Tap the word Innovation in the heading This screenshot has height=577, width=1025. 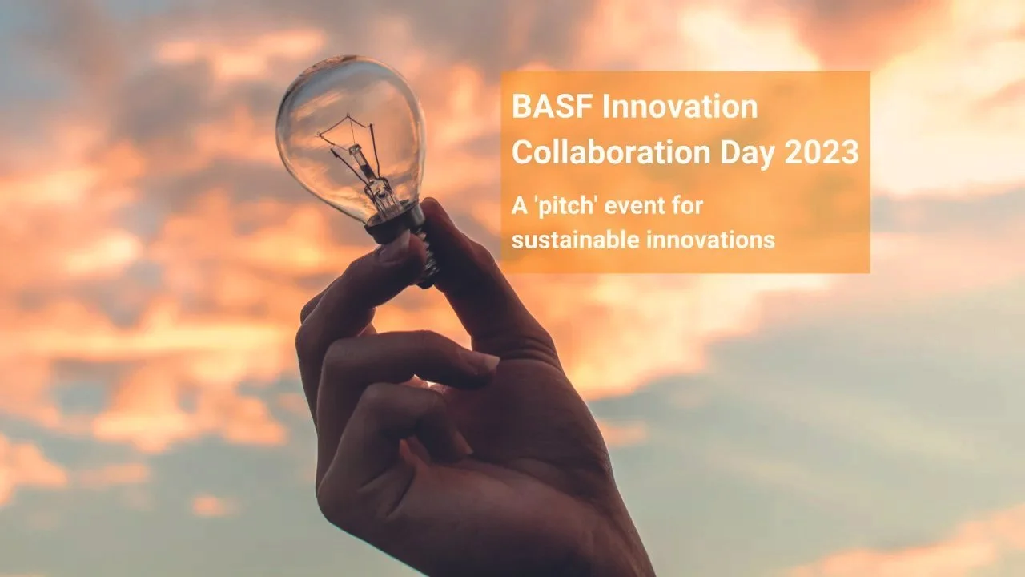pos(679,107)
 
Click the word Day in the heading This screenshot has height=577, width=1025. pos(748,153)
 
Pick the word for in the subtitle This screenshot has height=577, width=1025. pos(689,207)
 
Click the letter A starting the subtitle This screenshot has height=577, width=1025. pos(518,207)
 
